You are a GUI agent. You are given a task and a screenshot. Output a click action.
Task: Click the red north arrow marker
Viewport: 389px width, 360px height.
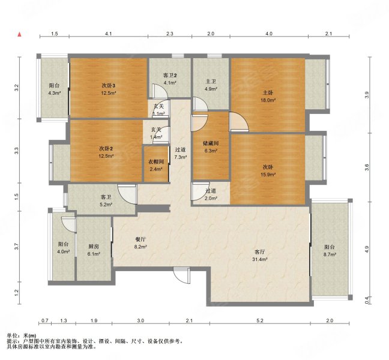click(x=19, y=34)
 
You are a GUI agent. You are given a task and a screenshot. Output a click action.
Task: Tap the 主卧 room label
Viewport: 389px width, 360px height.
click(x=268, y=93)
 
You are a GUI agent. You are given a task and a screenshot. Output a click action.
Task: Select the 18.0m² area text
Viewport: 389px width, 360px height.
click(x=269, y=100)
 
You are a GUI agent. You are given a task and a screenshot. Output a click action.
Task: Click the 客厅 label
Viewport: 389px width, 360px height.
click(x=260, y=252)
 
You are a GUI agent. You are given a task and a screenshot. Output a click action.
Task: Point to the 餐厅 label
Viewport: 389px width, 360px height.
click(x=140, y=239)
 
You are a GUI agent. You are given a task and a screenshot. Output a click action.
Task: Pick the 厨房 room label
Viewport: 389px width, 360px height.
click(x=94, y=247)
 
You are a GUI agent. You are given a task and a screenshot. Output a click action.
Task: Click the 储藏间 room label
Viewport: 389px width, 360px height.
click(x=211, y=143)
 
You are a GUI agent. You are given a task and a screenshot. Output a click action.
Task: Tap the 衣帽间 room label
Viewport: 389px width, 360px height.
click(x=156, y=162)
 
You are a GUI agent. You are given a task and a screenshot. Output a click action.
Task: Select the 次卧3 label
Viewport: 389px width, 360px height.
click(x=109, y=86)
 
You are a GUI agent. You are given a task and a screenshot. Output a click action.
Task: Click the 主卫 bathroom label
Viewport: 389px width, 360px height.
click(x=211, y=82)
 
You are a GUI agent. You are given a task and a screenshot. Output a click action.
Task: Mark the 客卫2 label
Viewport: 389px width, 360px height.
click(x=170, y=76)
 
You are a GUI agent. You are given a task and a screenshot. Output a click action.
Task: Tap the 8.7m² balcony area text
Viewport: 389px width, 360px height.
click(x=330, y=254)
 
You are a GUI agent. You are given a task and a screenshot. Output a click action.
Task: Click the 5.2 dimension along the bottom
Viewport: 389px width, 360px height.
click(x=260, y=320)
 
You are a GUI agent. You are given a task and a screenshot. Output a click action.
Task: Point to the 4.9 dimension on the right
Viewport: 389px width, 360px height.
click(x=367, y=248)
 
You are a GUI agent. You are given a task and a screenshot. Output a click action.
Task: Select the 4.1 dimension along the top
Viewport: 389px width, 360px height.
click(x=109, y=34)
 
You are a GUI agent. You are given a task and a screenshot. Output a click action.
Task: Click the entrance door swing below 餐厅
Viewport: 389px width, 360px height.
click(x=182, y=275)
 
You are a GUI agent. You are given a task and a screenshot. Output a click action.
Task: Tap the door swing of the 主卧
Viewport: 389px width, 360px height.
click(x=239, y=121)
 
